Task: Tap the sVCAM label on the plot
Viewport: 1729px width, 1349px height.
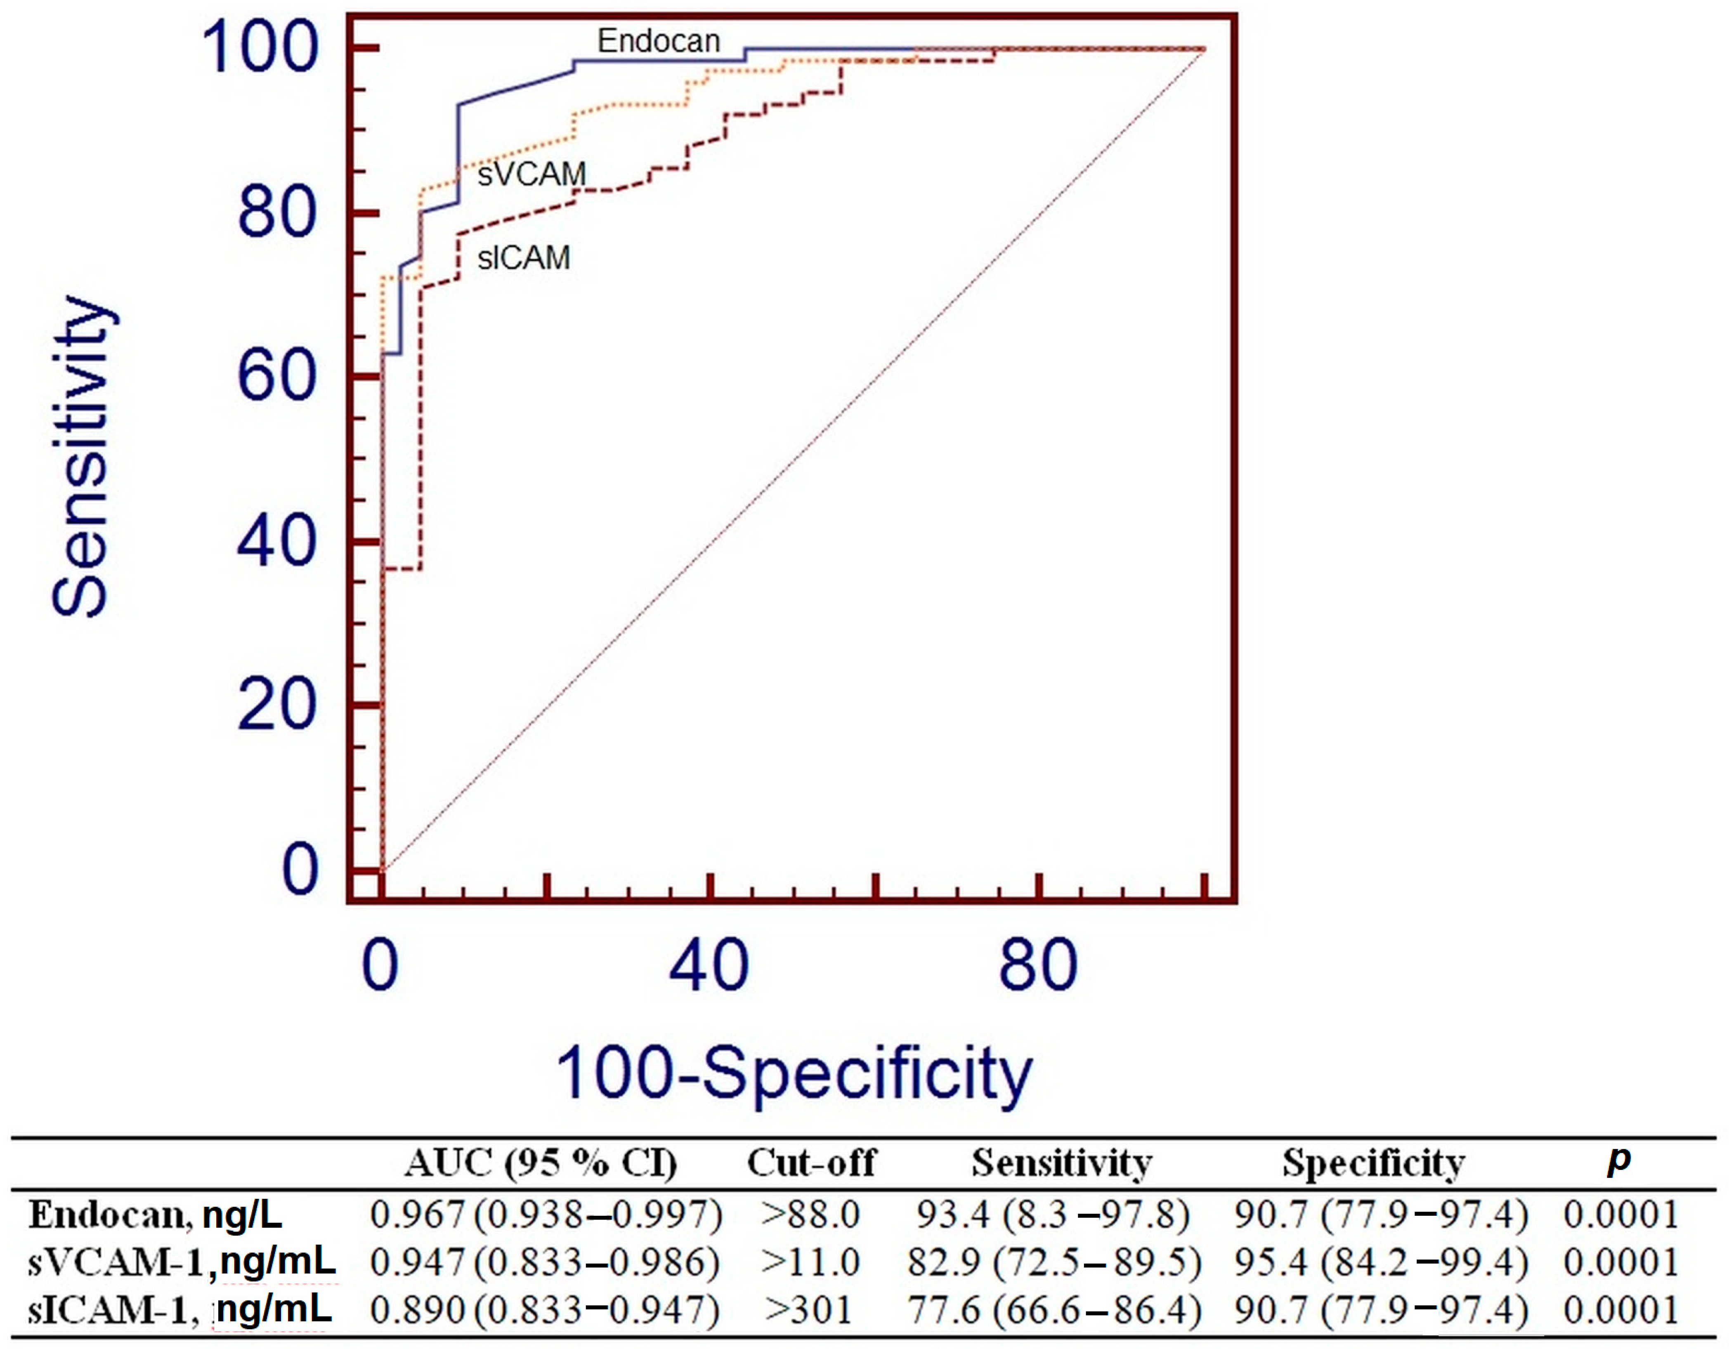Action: click(x=531, y=174)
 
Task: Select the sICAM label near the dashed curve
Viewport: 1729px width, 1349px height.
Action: click(x=523, y=258)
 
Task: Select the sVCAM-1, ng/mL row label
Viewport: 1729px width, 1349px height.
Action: click(x=182, y=1262)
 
